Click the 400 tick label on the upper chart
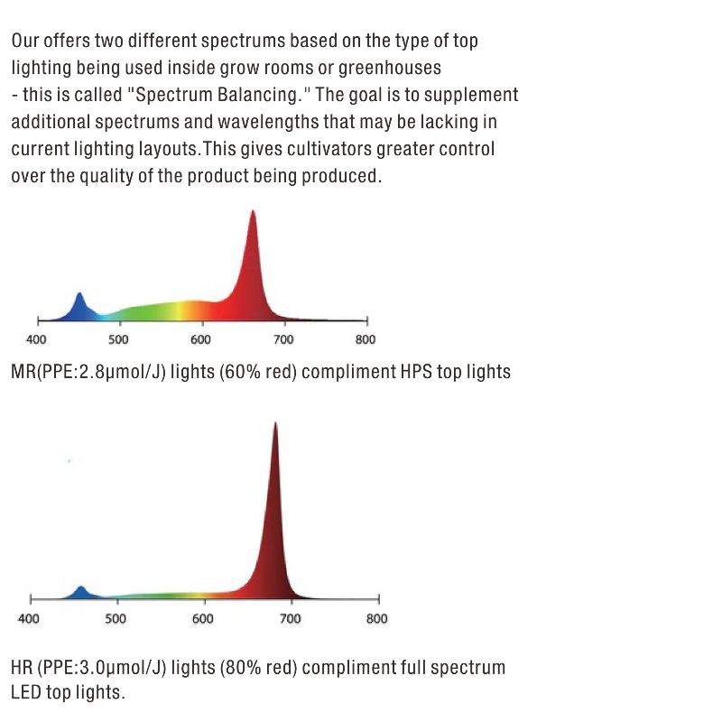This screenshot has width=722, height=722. [x=36, y=340]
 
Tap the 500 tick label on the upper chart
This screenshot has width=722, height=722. [x=118, y=340]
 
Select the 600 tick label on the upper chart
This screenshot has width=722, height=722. [x=200, y=340]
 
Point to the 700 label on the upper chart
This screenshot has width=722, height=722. [x=283, y=340]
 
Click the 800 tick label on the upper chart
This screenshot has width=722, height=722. [x=366, y=340]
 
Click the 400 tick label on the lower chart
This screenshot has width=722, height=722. [x=29, y=619]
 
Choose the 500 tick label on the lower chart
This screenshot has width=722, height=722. [x=116, y=619]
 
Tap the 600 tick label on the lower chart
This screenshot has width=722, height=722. [x=203, y=619]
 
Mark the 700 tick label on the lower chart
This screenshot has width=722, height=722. [x=290, y=619]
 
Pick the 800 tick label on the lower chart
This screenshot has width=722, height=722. [x=377, y=619]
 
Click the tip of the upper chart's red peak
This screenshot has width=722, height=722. [x=253, y=212]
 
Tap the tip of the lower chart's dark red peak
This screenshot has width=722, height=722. [x=275, y=424]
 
